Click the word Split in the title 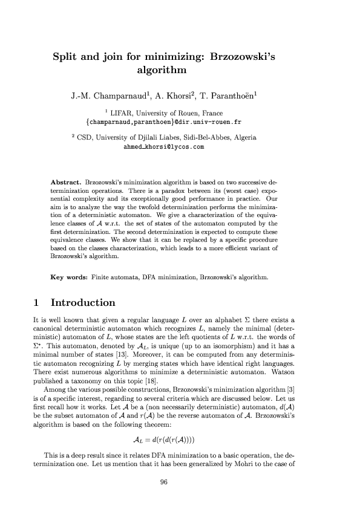click(x=67, y=59)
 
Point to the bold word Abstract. click(x=67, y=181)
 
